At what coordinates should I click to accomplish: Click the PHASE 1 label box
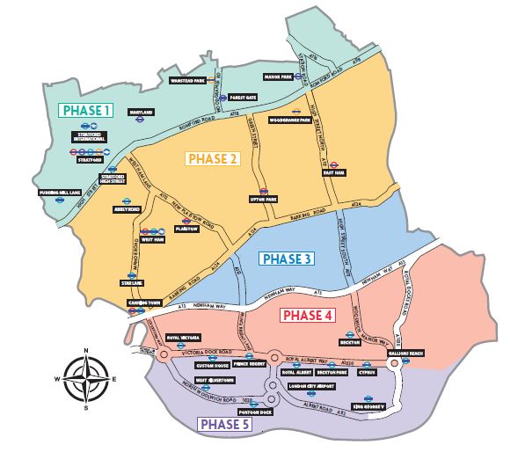click(86, 110)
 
